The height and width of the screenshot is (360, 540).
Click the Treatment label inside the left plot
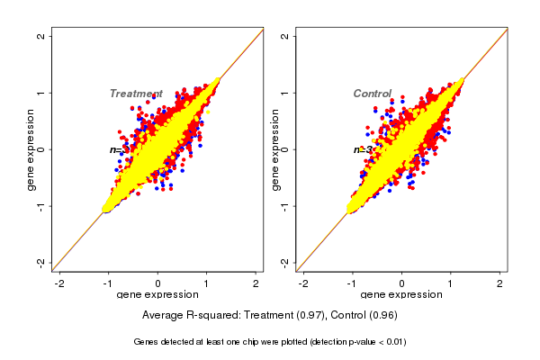(136, 94)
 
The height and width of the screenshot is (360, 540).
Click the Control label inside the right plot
(373, 94)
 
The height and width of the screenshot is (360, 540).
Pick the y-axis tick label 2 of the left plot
(40, 36)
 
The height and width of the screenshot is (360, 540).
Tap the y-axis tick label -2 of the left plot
(40, 262)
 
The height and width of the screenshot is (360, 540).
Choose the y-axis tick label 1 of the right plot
(284, 93)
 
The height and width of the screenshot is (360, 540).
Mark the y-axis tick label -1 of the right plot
(284, 205)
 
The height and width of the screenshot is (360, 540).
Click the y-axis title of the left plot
(31, 149)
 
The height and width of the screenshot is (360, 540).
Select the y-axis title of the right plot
(274, 149)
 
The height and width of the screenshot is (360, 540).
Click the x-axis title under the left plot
(158, 295)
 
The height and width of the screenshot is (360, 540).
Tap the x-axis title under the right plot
(402, 295)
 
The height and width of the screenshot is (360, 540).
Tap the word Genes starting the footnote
(147, 342)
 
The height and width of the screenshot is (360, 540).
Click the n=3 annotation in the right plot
(364, 149)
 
